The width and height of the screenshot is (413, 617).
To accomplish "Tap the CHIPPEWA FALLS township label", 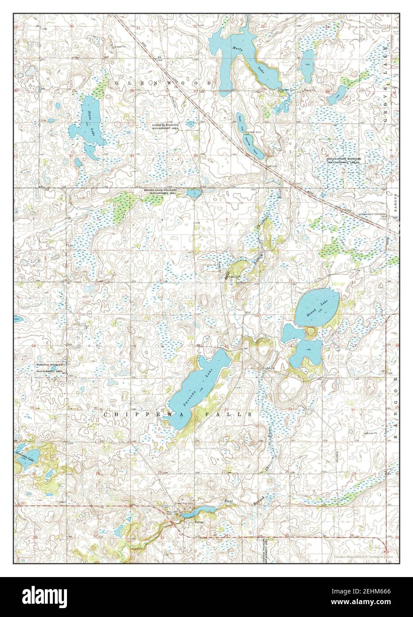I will pos(177,414).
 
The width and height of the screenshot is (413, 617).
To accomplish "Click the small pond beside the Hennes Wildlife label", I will pos(194,193).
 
